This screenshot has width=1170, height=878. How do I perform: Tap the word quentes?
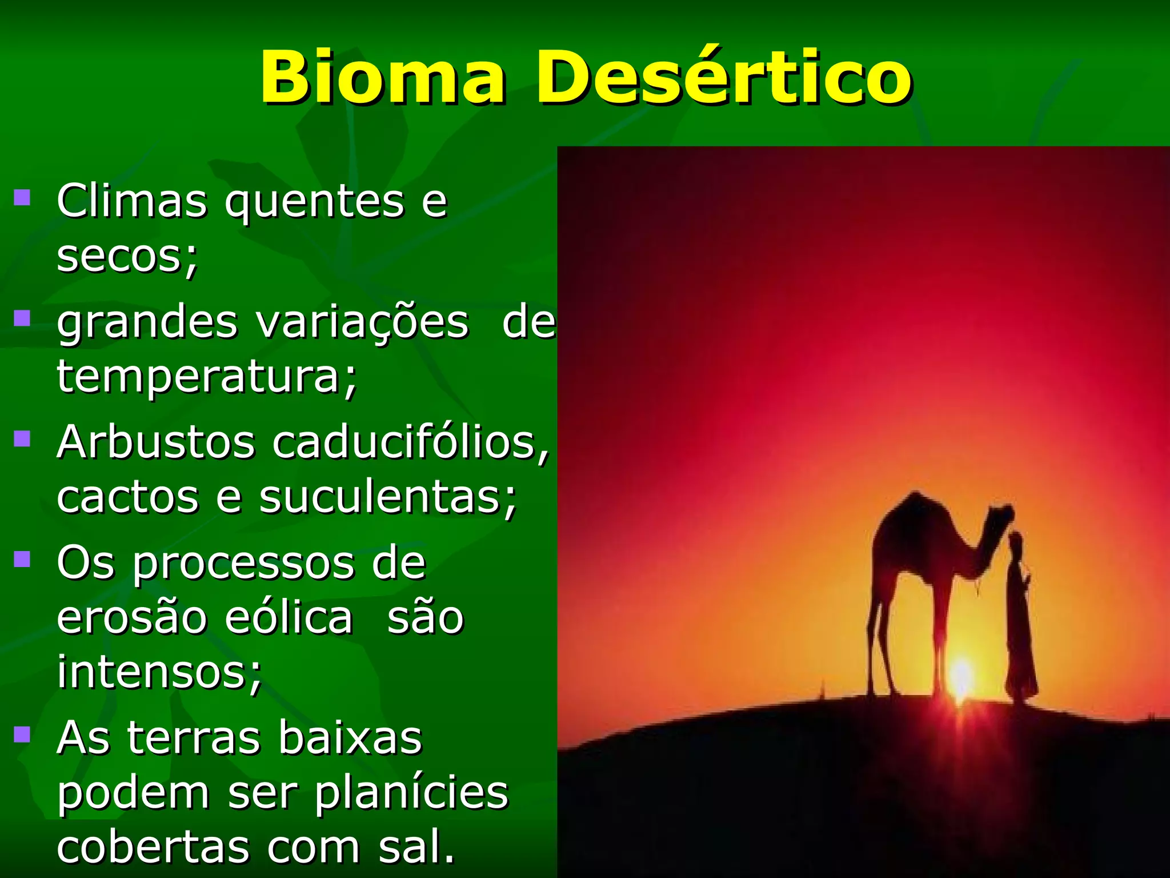pyautogui.click(x=314, y=202)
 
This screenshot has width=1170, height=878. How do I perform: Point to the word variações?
pyautogui.click(x=362, y=322)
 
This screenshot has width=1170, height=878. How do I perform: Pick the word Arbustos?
pyautogui.click(x=155, y=442)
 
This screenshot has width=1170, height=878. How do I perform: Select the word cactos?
pyautogui.click(x=127, y=497)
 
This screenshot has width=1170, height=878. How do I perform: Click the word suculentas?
pyautogui.click(x=388, y=497)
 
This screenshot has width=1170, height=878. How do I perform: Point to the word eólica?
pyautogui.click(x=289, y=617)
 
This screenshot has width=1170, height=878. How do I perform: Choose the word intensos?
pyautogui.click(x=159, y=672)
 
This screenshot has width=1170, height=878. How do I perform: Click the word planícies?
pyautogui.click(x=411, y=793)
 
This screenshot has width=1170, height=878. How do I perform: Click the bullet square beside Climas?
pyautogui.click(x=22, y=198)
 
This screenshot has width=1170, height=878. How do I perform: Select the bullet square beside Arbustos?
pyautogui.click(x=22, y=438)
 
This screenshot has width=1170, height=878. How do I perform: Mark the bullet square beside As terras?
pyautogui.click(x=22, y=733)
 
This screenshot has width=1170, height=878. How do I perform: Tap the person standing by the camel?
pyautogui.click(x=1020, y=617)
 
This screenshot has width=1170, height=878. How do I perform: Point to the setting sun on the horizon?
pyautogui.click(x=961, y=677)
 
